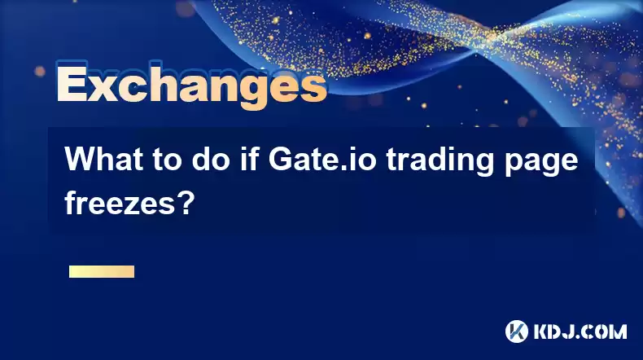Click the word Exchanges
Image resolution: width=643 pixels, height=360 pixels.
[192, 85]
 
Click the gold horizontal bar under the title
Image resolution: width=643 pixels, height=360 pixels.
[102, 271]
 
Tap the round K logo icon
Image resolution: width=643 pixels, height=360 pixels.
[517, 331]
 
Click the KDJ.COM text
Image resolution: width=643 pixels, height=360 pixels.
[580, 331]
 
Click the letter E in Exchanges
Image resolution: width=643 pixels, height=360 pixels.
[72, 84]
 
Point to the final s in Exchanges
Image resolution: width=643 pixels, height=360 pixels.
[312, 88]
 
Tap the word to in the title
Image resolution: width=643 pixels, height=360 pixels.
[168, 160]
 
